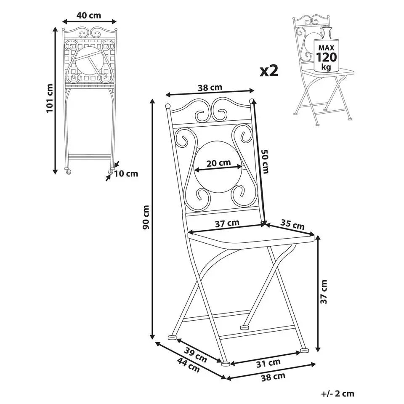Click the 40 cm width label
click(x=89, y=16)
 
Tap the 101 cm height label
click(x=49, y=98)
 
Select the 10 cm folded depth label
click(x=126, y=174)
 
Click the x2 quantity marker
click(x=269, y=71)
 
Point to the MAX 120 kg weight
click(x=326, y=57)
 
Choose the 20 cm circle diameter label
click(x=219, y=163)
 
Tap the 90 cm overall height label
click(x=146, y=217)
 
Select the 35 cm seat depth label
click(x=292, y=224)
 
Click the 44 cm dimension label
click(x=189, y=365)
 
